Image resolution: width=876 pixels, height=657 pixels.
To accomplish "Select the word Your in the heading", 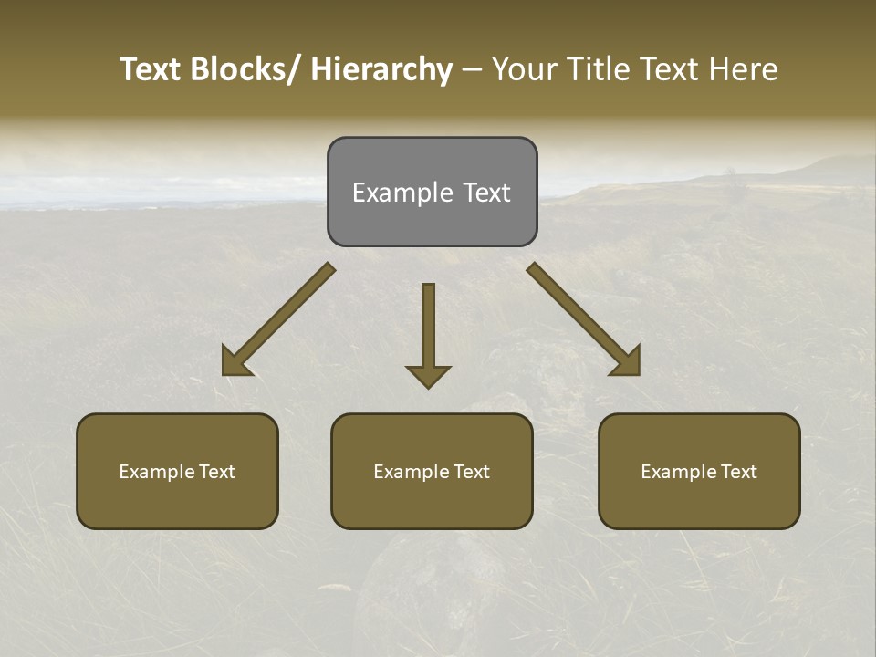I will click(523, 69).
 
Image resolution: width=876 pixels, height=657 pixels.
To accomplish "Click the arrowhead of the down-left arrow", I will click(235, 362).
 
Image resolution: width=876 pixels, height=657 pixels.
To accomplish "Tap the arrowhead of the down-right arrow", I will click(627, 362).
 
